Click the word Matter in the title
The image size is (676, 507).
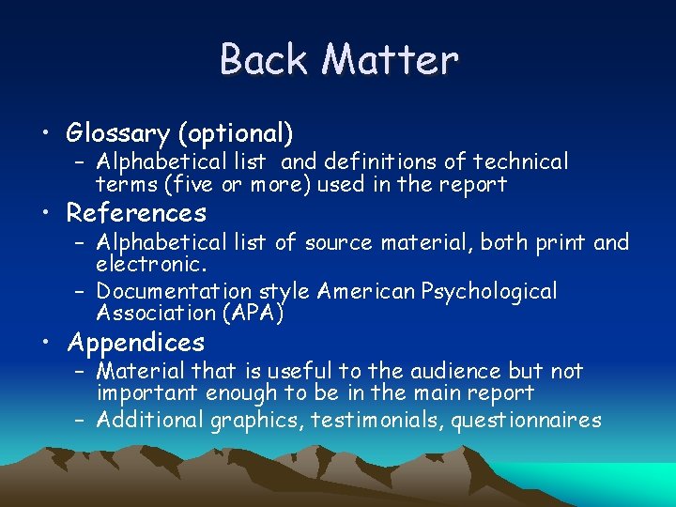coord(390,59)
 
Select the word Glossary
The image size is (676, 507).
coord(126,132)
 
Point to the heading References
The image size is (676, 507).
coord(137,213)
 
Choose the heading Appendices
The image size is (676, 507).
coord(136,342)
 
